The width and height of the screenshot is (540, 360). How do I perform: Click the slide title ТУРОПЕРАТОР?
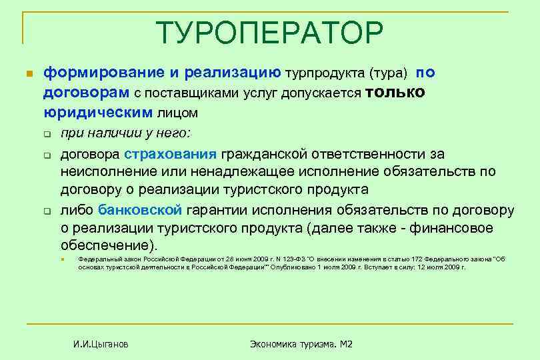271,31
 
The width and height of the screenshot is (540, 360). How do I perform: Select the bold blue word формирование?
95,72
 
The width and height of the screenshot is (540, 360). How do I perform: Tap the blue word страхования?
179,155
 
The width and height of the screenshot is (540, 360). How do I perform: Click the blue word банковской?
140,211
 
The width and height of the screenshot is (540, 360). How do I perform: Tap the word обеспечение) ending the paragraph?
111,245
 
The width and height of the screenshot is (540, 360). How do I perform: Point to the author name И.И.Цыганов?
101,344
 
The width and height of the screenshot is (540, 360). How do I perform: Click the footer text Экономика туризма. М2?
301,344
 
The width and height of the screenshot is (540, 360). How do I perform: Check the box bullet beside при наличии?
48,134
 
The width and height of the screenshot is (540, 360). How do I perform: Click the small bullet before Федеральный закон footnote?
60,259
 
